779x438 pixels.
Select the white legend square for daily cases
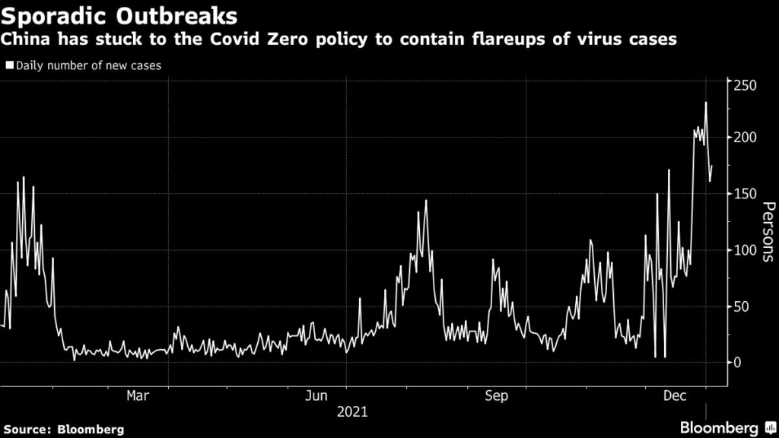[x=9, y=66]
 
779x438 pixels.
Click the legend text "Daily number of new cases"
[x=87, y=66]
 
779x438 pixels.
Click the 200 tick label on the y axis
[x=746, y=138]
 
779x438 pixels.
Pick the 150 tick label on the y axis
[x=746, y=194]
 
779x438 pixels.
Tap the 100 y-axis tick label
[x=746, y=250]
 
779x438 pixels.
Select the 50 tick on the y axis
[x=742, y=306]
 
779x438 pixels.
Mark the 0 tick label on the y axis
[x=739, y=363]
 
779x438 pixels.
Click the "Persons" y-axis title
[x=768, y=231]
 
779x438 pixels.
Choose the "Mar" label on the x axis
[x=137, y=395]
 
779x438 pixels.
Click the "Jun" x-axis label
[x=316, y=395]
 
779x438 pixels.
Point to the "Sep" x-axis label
[x=496, y=395]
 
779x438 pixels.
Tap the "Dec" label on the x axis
[x=674, y=395]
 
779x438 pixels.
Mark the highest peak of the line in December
[x=706, y=103]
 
